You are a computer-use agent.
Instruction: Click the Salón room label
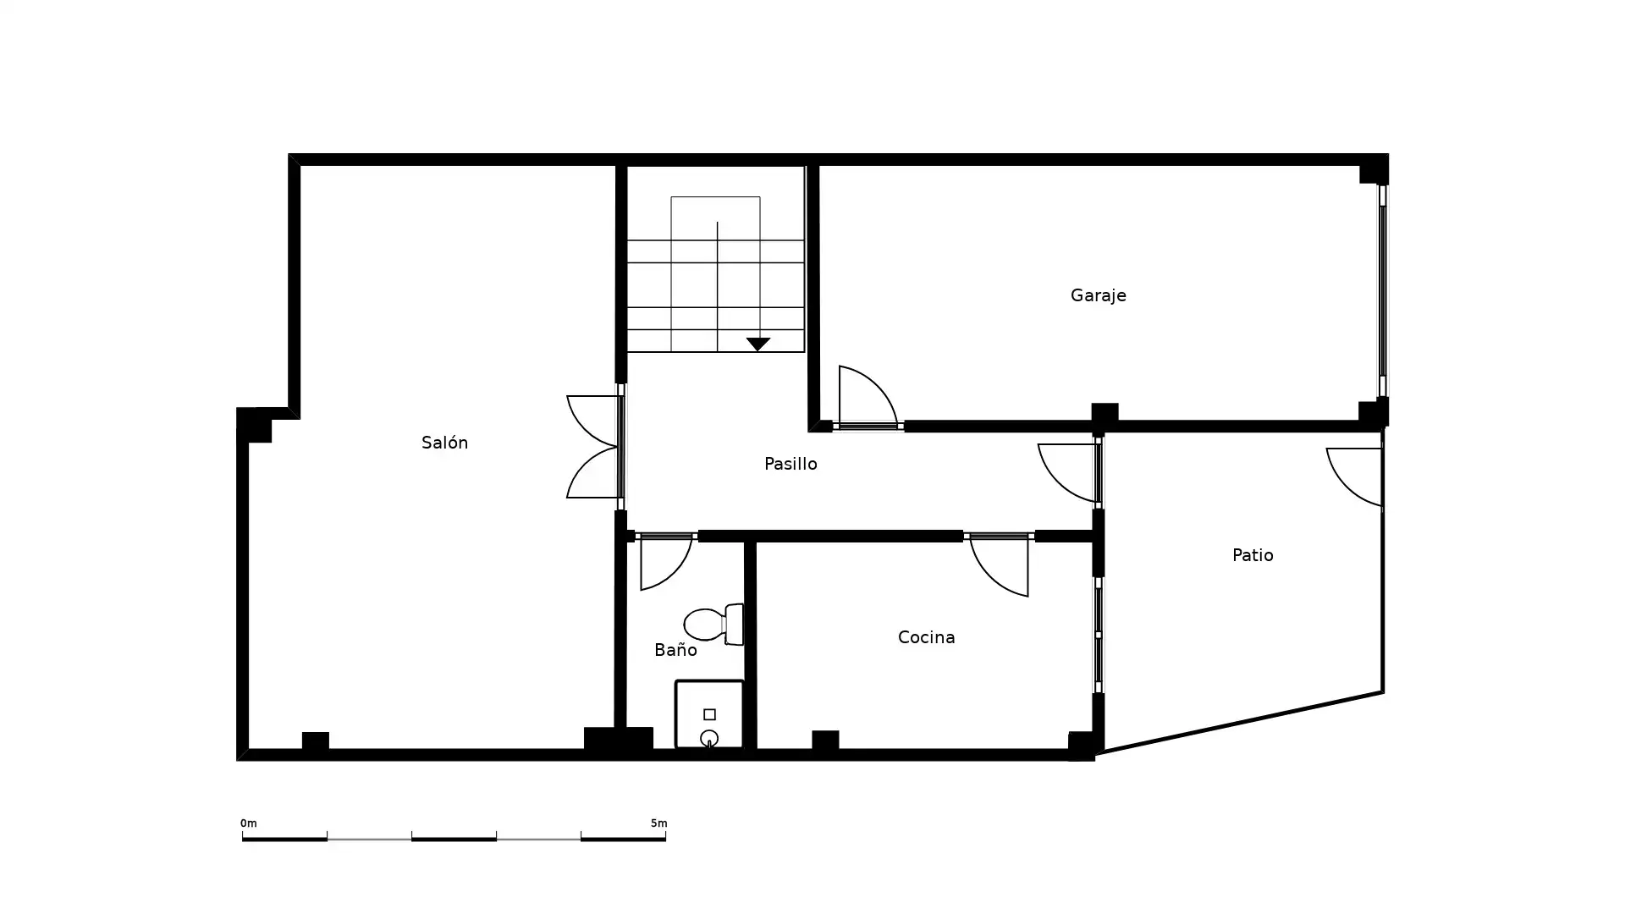(444, 442)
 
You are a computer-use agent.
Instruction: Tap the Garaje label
(1098, 295)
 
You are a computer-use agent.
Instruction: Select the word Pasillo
(790, 464)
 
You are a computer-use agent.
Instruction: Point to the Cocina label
(926, 637)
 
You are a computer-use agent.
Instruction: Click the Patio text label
(1253, 555)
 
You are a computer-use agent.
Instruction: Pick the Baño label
(675, 649)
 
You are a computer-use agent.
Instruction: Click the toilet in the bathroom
(713, 625)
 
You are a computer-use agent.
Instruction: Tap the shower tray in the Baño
(709, 714)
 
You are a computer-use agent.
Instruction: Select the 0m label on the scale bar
(248, 823)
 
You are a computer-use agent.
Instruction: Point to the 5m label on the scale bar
(658, 823)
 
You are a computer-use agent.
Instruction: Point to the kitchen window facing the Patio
(1099, 635)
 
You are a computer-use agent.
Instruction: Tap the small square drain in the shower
(709, 714)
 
